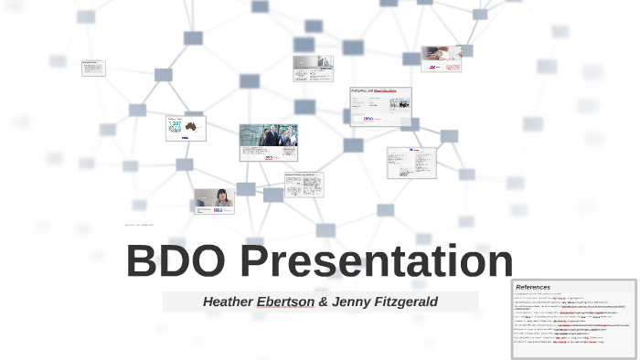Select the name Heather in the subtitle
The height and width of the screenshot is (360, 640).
point(228,302)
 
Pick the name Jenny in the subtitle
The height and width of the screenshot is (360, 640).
point(351,302)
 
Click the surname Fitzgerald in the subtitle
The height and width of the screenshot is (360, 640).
point(406,302)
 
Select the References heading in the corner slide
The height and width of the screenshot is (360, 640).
point(533,287)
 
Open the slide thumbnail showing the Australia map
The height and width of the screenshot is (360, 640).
point(186,128)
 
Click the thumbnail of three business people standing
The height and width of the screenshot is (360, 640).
point(268,143)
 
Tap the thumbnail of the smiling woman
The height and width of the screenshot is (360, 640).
point(213,201)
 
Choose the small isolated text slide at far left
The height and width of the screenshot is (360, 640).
point(93,68)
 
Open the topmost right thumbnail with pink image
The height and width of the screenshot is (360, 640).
point(441,59)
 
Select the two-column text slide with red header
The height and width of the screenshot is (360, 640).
point(411,163)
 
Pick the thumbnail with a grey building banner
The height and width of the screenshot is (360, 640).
point(313,69)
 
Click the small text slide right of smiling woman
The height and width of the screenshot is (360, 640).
point(304,185)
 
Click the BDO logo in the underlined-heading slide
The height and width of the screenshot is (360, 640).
point(369,118)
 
